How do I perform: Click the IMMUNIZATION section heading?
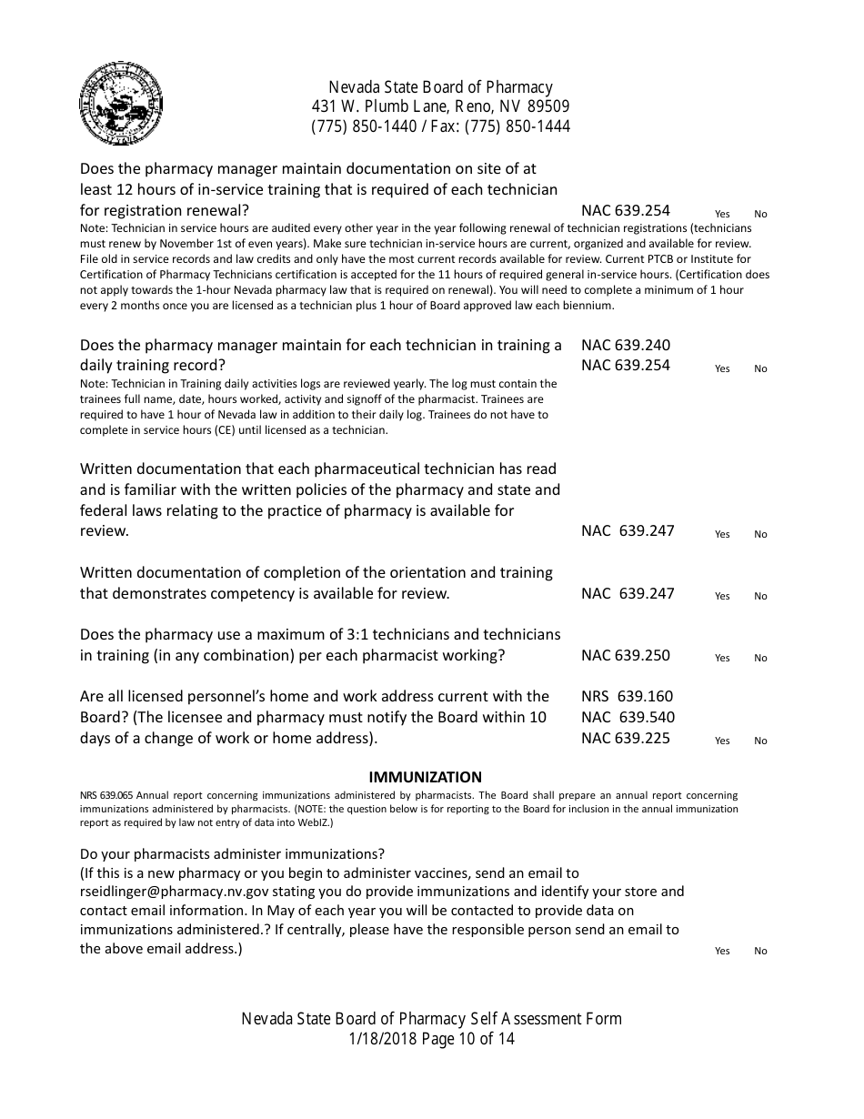[x=425, y=777]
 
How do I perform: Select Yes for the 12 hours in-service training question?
[x=722, y=214]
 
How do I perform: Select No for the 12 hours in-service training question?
[x=760, y=214]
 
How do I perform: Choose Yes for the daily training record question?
[x=722, y=368]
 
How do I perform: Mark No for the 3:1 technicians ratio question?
[x=760, y=658]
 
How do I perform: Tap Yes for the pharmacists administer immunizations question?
[x=722, y=951]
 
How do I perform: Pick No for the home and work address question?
[x=760, y=741]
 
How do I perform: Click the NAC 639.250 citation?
[x=626, y=655]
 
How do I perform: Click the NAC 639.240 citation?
[x=626, y=345]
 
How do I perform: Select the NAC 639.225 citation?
[x=626, y=738]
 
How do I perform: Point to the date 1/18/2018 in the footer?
[x=380, y=1039]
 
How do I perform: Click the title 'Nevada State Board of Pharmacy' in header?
[x=440, y=87]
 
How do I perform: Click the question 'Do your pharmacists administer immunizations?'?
[x=233, y=853]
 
